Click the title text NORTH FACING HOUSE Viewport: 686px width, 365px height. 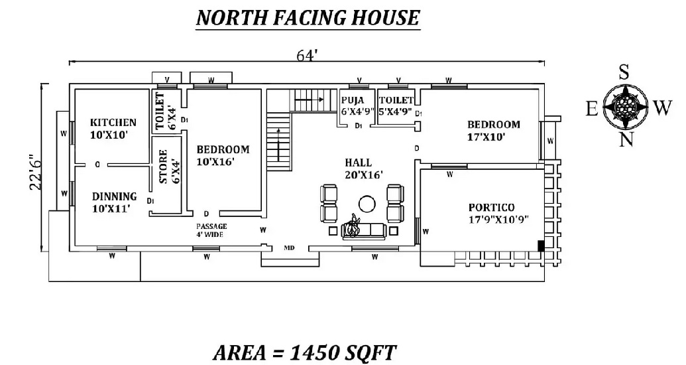click(308, 17)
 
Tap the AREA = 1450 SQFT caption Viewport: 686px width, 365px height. click(306, 352)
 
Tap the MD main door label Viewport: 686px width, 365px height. click(289, 248)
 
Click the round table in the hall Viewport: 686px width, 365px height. click(365, 204)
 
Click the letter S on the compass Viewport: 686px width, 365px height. click(624, 72)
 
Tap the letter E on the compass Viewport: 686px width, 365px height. click(592, 109)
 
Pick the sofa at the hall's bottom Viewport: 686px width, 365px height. click(365, 230)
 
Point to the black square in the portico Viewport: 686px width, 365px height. click(541, 246)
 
